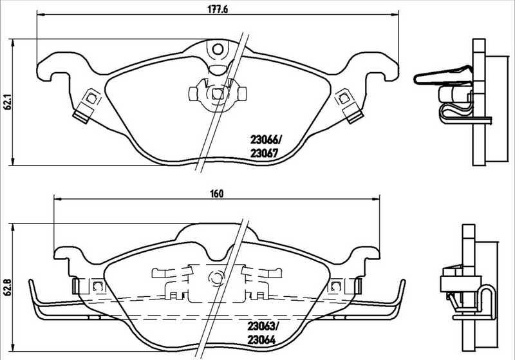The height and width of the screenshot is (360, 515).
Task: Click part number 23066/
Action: pos(265,138)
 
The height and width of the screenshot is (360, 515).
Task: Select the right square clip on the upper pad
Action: pos(345,99)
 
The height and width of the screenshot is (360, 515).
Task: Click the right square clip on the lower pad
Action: pos(335,287)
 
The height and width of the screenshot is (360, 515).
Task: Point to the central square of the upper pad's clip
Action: pos(217,94)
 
